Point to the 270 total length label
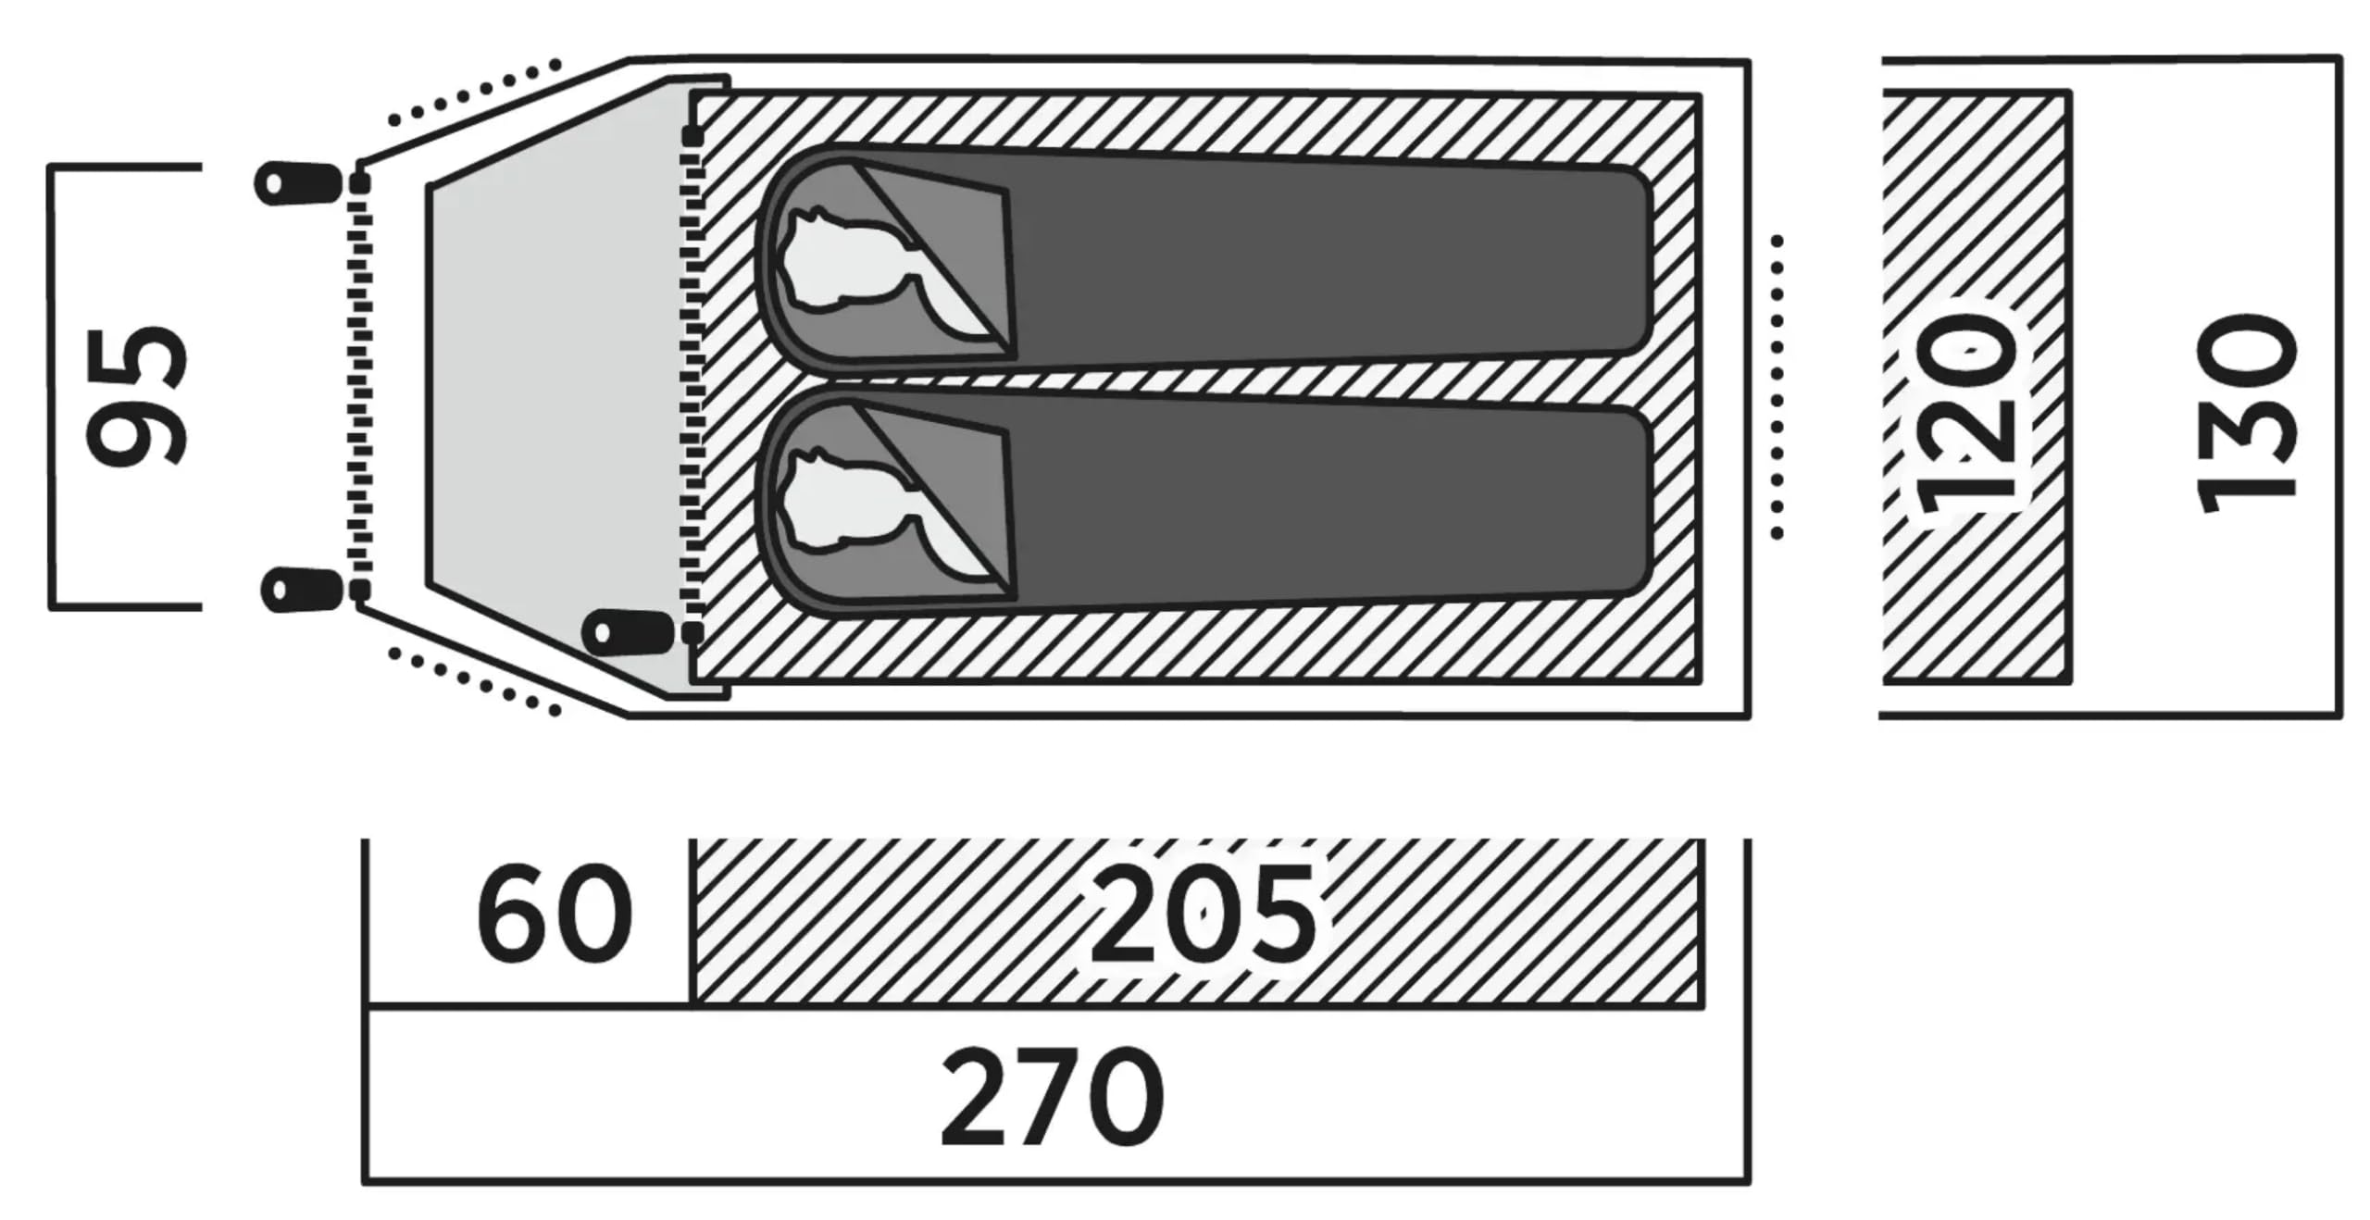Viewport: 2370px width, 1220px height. (1053, 1097)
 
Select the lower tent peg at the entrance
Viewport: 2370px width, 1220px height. (302, 590)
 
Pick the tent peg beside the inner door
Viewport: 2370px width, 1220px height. (627, 632)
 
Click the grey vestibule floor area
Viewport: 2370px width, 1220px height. (555, 389)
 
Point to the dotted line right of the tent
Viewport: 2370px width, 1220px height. (1777, 387)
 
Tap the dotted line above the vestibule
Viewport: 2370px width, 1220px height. (474, 92)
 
